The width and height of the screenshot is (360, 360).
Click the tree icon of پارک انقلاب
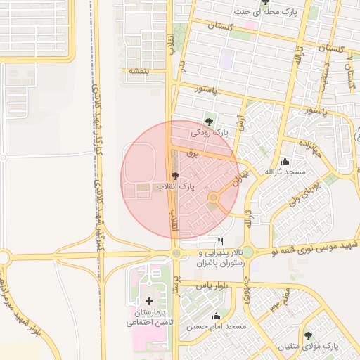[x=174, y=176]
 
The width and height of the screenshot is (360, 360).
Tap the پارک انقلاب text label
[x=174, y=187]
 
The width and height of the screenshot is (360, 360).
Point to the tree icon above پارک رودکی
[x=209, y=121]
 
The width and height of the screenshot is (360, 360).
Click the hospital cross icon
[x=149, y=302]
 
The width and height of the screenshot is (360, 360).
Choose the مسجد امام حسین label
[x=217, y=327]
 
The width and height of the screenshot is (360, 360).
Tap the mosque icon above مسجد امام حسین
[x=216, y=316]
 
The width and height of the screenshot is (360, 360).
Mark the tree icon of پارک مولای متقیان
[x=308, y=335]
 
